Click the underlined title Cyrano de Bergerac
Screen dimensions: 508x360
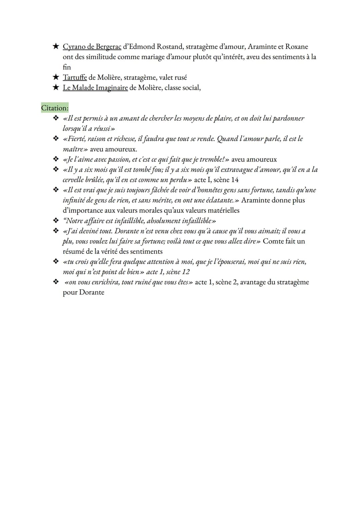pyautogui.click(x=92, y=47)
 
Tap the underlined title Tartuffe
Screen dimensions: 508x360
pyautogui.click(x=75, y=78)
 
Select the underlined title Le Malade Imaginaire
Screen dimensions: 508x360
pyautogui.click(x=95, y=88)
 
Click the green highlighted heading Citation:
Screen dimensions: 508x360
pyautogui.click(x=55, y=108)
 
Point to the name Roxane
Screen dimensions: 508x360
pyautogui.click(x=296, y=47)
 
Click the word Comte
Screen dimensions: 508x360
pyautogui.click(x=273, y=241)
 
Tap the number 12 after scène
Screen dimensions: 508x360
pyautogui.click(x=186, y=272)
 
